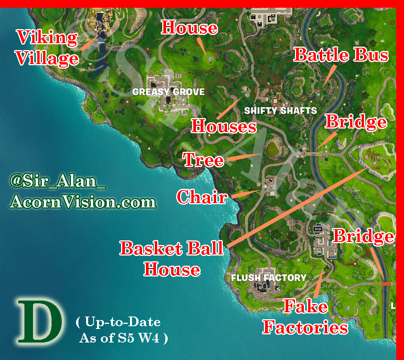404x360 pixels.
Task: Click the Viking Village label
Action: pyautogui.click(x=47, y=48)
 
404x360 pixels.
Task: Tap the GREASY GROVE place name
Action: pyautogui.click(x=168, y=92)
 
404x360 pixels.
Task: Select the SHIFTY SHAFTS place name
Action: pyautogui.click(x=280, y=111)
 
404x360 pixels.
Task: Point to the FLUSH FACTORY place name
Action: pyautogui.click(x=269, y=278)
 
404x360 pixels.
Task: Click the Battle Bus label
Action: pyautogui.click(x=341, y=55)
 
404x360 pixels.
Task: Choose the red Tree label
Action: pyautogui.click(x=204, y=160)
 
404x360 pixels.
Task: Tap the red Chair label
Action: pyautogui.click(x=201, y=197)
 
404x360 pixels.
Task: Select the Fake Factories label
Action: pyautogui.click(x=305, y=317)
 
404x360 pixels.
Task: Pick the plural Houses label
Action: pyautogui.click(x=224, y=126)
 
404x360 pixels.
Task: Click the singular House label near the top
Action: pyautogui.click(x=189, y=28)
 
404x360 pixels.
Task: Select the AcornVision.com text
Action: pyautogui.click(x=83, y=202)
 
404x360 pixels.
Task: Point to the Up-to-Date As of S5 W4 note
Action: pyautogui.click(x=121, y=330)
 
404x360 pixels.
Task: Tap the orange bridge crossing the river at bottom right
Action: pyautogui.click(x=386, y=284)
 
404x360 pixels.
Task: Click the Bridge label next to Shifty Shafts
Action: pyautogui.click(x=356, y=122)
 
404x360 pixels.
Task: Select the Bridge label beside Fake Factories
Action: pyautogui.click(x=364, y=236)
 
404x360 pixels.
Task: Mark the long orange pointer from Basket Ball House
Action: pyautogui.click(x=297, y=208)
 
